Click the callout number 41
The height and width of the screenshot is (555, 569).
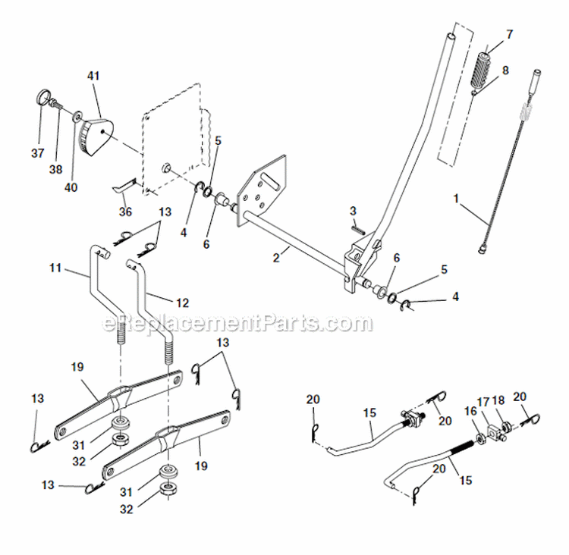pos(93,77)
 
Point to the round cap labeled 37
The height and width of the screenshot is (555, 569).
pos(44,99)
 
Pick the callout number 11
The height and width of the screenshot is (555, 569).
pos(54,268)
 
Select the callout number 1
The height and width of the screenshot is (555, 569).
pos(456,197)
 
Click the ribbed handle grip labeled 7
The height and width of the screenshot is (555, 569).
pos(486,71)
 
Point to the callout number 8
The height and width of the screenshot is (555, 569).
pos(506,70)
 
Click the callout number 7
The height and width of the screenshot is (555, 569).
pos(509,34)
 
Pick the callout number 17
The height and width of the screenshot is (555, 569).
pos(483,401)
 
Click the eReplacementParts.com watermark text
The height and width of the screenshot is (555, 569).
pos(237,325)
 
